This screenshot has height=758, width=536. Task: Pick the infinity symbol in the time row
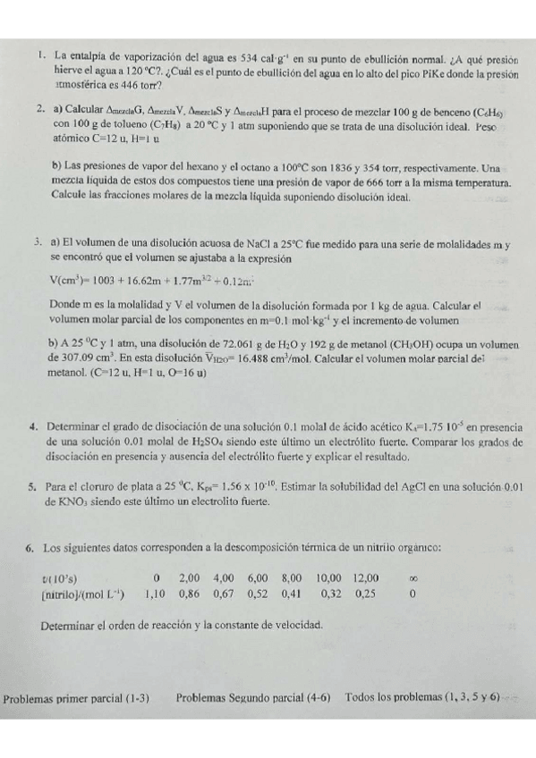click(413, 577)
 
